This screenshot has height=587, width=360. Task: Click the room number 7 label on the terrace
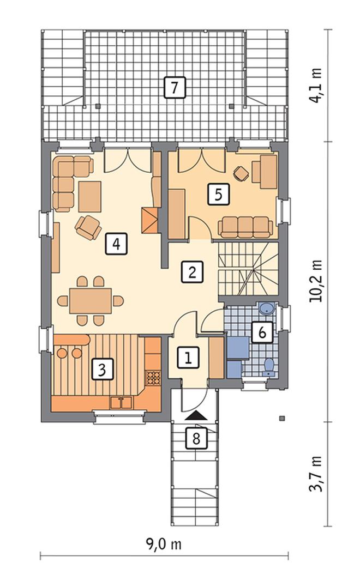(175, 87)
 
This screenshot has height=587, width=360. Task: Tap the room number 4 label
(116, 244)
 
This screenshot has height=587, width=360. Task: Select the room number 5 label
(218, 194)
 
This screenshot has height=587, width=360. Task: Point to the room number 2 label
(192, 272)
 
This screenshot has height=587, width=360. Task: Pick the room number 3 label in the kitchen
(102, 369)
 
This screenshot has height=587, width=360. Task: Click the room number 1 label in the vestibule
(188, 357)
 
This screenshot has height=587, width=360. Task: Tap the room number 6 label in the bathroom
(262, 332)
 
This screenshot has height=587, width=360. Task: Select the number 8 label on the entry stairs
(196, 438)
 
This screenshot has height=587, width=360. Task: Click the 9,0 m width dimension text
(164, 544)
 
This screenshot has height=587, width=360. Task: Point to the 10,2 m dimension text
(315, 281)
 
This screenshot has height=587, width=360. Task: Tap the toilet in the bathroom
(269, 367)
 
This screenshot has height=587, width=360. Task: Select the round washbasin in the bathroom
(267, 308)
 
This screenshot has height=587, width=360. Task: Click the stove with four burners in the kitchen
(153, 377)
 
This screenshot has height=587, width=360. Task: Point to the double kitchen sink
(121, 403)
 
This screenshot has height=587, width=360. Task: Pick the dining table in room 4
(91, 301)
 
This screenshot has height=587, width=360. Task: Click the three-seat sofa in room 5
(245, 227)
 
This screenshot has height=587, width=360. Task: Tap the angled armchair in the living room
(88, 227)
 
